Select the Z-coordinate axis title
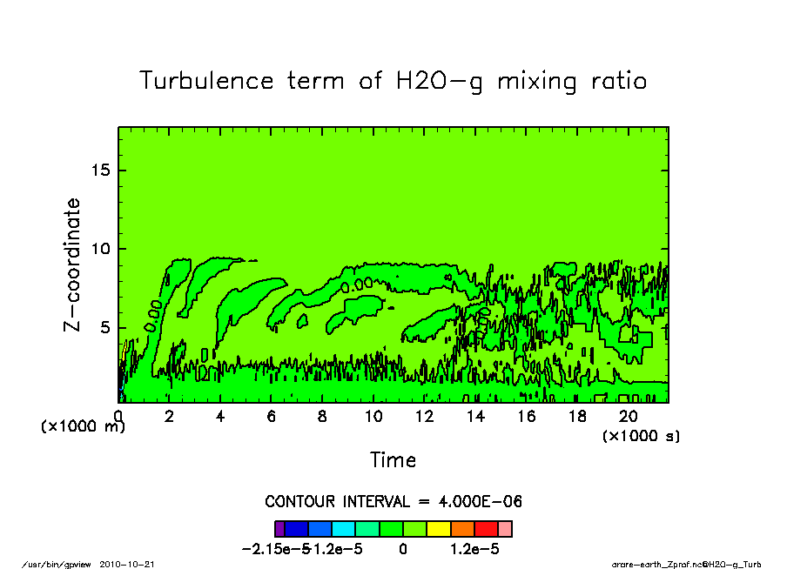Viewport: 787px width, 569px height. point(72,264)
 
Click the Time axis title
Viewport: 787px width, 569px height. point(393,459)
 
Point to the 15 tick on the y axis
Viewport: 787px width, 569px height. point(101,170)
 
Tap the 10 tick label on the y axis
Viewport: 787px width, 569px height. point(101,249)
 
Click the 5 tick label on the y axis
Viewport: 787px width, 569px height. point(106,328)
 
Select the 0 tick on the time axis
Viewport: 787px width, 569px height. point(118,416)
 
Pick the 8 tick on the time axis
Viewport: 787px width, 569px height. point(323,416)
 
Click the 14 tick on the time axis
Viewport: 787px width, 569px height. point(476,416)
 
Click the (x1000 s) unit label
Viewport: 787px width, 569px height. point(641,435)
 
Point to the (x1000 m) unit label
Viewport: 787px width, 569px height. point(84,426)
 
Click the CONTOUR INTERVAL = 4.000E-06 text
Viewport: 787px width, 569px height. point(393,502)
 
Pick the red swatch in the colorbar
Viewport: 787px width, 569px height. point(487,528)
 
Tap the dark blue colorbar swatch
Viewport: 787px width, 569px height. point(297,528)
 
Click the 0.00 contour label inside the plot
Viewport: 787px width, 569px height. point(153,314)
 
